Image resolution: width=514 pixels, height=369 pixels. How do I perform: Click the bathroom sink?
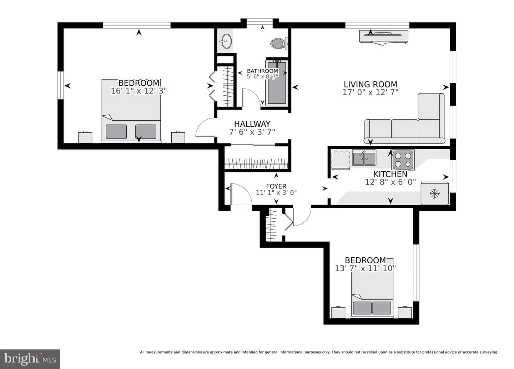click(x=226, y=41)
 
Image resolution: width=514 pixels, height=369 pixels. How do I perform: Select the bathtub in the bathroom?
click(x=277, y=83)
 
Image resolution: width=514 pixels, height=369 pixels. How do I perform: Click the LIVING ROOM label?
click(x=371, y=84)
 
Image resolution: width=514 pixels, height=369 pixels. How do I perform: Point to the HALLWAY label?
click(x=252, y=124)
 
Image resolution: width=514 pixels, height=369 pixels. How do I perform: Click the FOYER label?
click(x=276, y=186)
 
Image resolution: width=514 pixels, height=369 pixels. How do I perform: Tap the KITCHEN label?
click(x=390, y=174)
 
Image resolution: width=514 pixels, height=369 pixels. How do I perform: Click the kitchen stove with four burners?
click(x=403, y=160)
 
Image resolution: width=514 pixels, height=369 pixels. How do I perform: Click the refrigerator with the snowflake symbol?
click(x=435, y=193)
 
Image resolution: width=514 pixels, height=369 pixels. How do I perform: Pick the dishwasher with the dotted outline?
click(x=341, y=160)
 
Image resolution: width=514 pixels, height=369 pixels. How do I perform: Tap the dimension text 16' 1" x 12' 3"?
click(x=138, y=91)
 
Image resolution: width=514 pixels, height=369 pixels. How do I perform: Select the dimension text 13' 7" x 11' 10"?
click(x=365, y=268)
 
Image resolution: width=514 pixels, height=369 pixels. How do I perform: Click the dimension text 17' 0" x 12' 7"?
click(x=371, y=92)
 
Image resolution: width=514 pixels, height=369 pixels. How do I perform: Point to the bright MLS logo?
click(x=30, y=359)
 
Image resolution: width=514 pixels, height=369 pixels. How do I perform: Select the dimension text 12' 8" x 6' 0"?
click(x=390, y=182)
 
